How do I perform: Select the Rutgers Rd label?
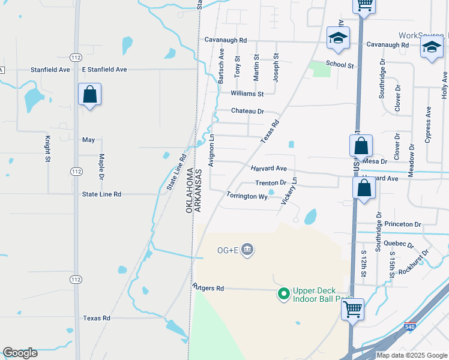point(208,288)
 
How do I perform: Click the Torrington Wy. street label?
point(247,196)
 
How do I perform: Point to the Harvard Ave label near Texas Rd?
point(269,169)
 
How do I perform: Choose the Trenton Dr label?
point(271,183)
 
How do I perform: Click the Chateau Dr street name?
point(248,111)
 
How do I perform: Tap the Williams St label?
point(247,94)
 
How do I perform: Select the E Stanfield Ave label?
point(105,70)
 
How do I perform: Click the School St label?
point(340,64)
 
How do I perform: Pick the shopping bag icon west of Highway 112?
point(89,94)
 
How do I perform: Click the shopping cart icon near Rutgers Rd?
point(353,310)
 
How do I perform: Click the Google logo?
point(20,353)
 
